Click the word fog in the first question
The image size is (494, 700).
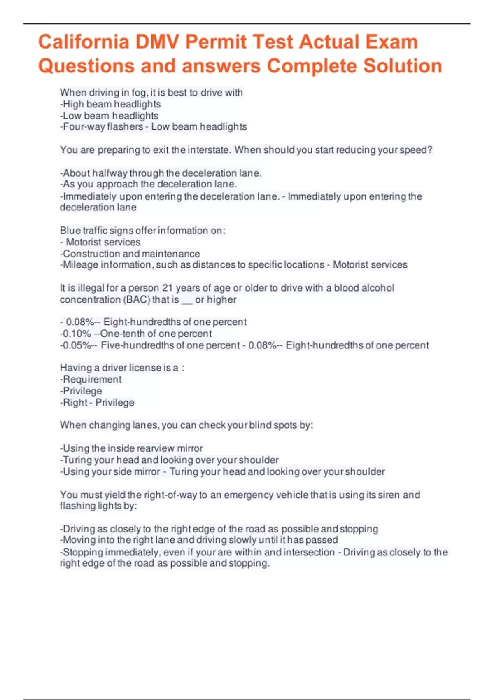click(x=139, y=93)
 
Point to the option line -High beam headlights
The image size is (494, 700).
click(x=110, y=104)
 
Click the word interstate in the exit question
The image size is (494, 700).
click(x=209, y=150)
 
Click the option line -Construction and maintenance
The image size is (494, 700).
click(x=130, y=254)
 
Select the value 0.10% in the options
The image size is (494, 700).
click(x=77, y=334)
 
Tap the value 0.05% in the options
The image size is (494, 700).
click(x=77, y=345)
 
